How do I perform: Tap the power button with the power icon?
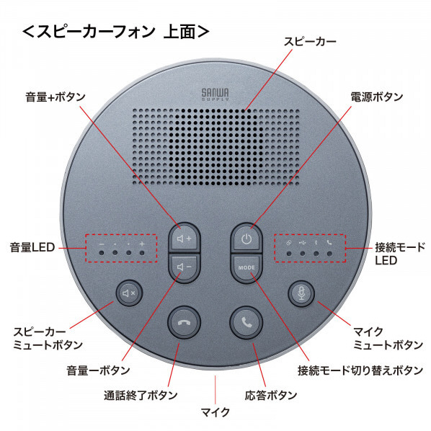tap(246, 238)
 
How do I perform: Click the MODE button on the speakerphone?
tap(246, 267)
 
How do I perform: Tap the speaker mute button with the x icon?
tap(129, 293)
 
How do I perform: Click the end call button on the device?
tap(185, 322)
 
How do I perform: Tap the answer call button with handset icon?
tap(246, 322)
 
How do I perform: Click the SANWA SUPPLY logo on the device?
tap(215, 94)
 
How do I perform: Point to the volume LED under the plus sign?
tap(142, 252)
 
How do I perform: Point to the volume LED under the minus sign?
tap(102, 252)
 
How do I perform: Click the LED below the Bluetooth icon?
tap(316, 254)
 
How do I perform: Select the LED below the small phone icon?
tap(329, 254)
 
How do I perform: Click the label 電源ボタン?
tap(376, 97)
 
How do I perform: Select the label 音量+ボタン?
tap(55, 97)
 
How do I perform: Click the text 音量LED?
tap(32, 247)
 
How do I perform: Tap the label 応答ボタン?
tap(271, 395)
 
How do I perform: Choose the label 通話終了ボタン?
tap(141, 395)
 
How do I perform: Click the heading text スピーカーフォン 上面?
tap(116, 31)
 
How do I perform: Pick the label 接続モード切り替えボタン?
tap(360, 370)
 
